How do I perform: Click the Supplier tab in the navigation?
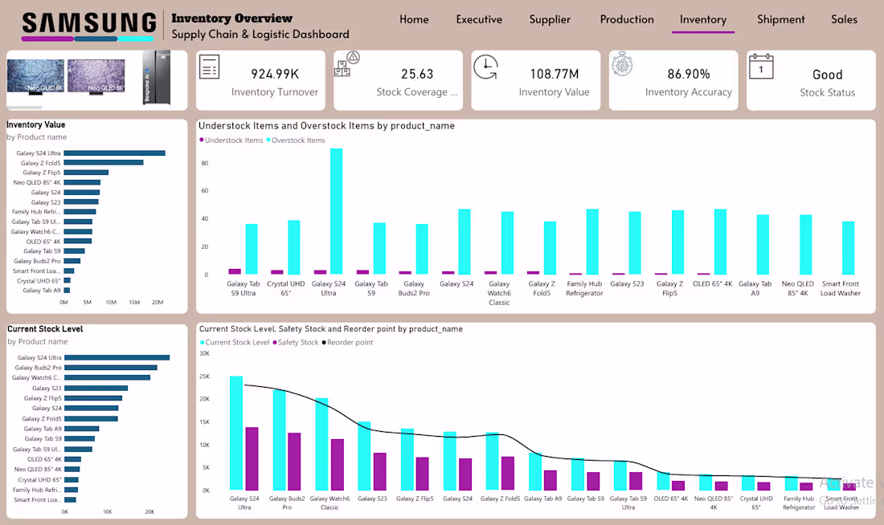[x=550, y=19]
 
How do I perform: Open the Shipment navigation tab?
[x=780, y=19]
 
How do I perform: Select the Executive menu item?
[x=479, y=19]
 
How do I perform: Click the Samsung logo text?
[x=88, y=22]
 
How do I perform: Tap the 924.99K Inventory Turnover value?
[x=275, y=74]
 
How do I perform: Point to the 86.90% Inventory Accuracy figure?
[x=689, y=74]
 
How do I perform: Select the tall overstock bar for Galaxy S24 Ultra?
[x=336, y=212]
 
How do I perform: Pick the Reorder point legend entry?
[x=350, y=343]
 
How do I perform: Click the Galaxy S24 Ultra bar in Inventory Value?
[x=115, y=153]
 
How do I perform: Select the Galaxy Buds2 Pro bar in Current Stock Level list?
[x=111, y=368]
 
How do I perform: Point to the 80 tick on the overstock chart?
[x=205, y=164]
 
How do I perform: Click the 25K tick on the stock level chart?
[x=204, y=376]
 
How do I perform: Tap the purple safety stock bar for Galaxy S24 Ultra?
[x=252, y=458]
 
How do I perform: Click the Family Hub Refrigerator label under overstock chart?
[x=584, y=288]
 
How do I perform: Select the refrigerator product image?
[x=157, y=78]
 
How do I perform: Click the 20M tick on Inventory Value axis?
[x=158, y=303]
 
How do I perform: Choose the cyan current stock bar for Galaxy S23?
[x=364, y=455]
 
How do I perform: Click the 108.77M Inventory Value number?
[x=554, y=74]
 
